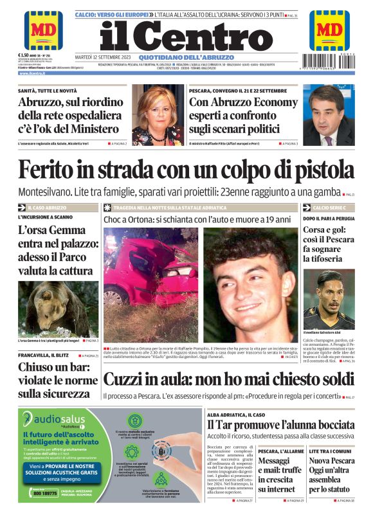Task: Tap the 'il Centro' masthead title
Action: point(186,35)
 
